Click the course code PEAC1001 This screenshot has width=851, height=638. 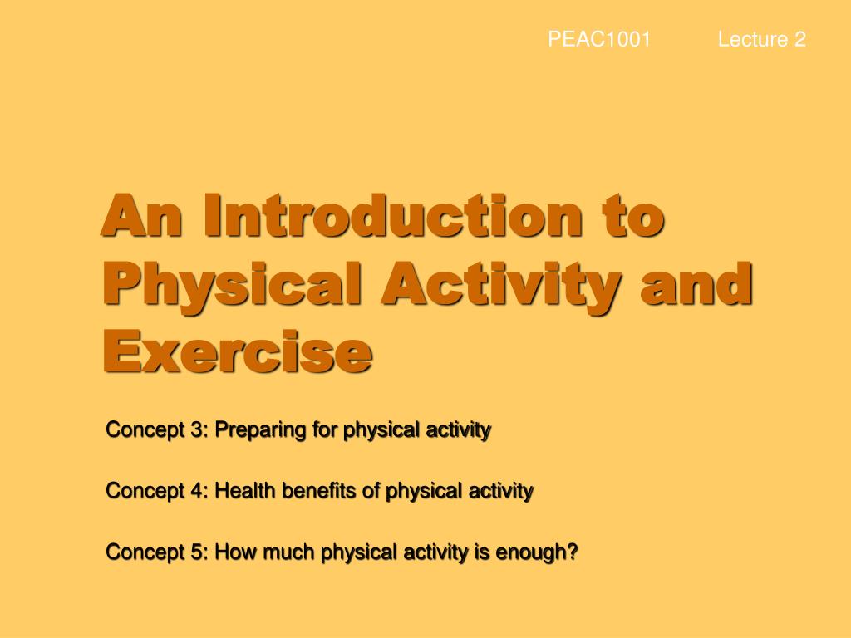598,39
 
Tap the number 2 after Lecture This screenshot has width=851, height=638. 799,39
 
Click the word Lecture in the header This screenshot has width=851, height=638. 753,39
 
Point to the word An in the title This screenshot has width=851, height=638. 138,218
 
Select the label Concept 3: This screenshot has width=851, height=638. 157,430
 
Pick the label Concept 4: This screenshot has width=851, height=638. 157,491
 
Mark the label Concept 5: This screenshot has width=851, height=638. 157,552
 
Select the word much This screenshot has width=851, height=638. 288,552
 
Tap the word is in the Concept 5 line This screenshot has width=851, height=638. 481,552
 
